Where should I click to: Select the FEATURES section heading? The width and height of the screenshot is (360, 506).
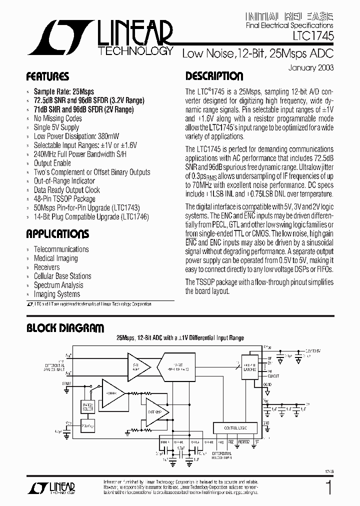click(x=47, y=77)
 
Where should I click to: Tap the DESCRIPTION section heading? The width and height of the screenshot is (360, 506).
click(x=214, y=76)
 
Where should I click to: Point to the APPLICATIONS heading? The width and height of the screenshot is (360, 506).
click(x=57, y=234)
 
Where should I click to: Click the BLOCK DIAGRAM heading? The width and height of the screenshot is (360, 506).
click(x=65, y=328)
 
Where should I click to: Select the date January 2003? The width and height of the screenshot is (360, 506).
click(x=310, y=67)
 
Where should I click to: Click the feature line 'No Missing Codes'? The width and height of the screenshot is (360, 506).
click(x=57, y=118)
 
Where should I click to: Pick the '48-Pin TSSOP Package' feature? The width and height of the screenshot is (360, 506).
click(x=64, y=199)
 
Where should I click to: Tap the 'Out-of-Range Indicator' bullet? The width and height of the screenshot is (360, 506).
click(x=64, y=181)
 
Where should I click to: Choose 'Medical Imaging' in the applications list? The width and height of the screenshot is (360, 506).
click(x=56, y=258)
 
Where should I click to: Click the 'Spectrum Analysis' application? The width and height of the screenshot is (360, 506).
click(x=58, y=285)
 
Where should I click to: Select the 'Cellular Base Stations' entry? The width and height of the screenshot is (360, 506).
click(x=62, y=276)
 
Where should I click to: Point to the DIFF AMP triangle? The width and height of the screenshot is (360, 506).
click(x=154, y=411)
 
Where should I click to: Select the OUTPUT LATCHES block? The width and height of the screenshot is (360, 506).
click(x=250, y=367)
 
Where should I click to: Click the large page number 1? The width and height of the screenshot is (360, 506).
click(x=328, y=487)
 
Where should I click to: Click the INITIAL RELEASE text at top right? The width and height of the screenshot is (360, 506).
click(x=290, y=16)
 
